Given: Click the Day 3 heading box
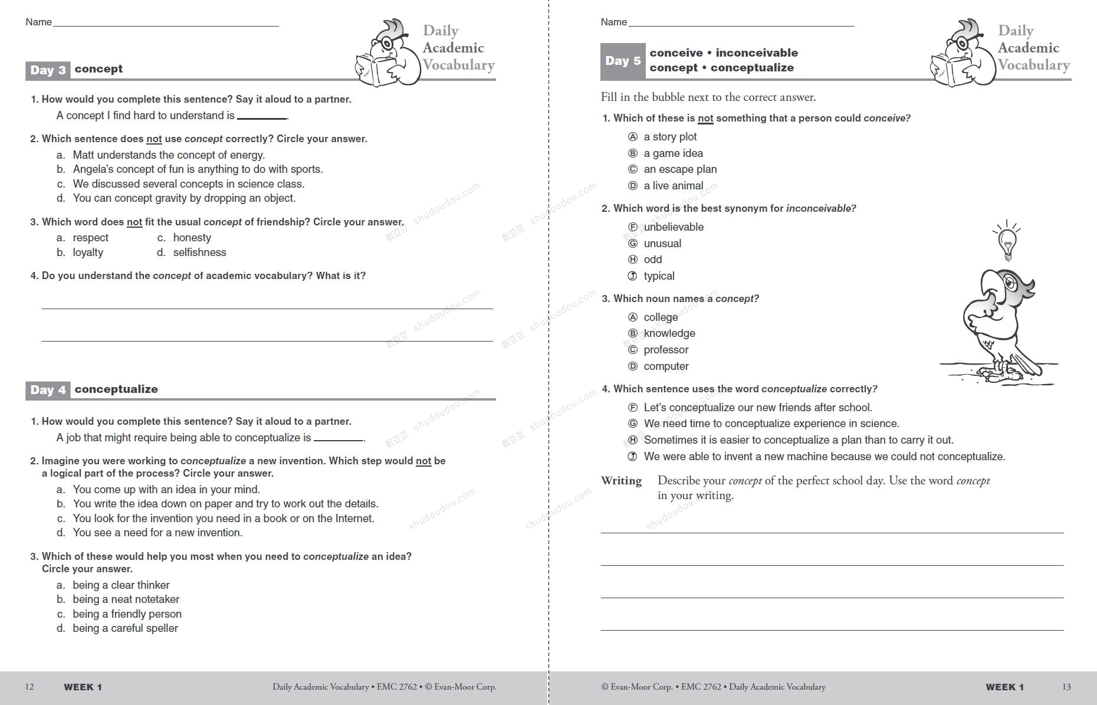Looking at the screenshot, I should pyautogui.click(x=47, y=70).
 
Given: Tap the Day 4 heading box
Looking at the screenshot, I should pyautogui.click(x=47, y=390).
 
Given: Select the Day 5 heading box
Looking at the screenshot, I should pyautogui.click(x=623, y=61).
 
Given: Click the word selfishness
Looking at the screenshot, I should pyautogui.click(x=199, y=253).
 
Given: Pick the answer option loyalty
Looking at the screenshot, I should pyautogui.click(x=88, y=253).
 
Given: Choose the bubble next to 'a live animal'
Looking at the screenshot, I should pyautogui.click(x=633, y=186).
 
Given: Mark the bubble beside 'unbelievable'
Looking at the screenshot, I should pyautogui.click(x=633, y=227).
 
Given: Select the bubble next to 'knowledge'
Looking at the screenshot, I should pyautogui.click(x=633, y=333).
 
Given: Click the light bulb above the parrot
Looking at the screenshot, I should pyautogui.click(x=1007, y=242).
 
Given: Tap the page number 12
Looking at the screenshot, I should pyautogui.click(x=29, y=687).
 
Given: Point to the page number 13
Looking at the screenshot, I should pyautogui.click(x=1066, y=687).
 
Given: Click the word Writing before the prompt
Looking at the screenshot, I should pyautogui.click(x=621, y=481).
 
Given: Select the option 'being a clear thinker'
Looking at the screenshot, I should pyautogui.click(x=121, y=585).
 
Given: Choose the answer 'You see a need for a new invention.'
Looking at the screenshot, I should pyautogui.click(x=157, y=533).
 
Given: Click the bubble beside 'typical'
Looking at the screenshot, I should pyautogui.click(x=633, y=276).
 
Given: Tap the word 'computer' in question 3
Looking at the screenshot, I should pyautogui.click(x=666, y=366).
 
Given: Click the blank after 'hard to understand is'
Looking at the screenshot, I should pyautogui.click(x=261, y=116).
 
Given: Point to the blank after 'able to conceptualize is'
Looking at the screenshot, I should pyautogui.click(x=338, y=438).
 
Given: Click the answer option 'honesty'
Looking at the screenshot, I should pyautogui.click(x=192, y=238).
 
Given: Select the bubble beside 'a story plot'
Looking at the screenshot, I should pyautogui.click(x=633, y=137).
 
